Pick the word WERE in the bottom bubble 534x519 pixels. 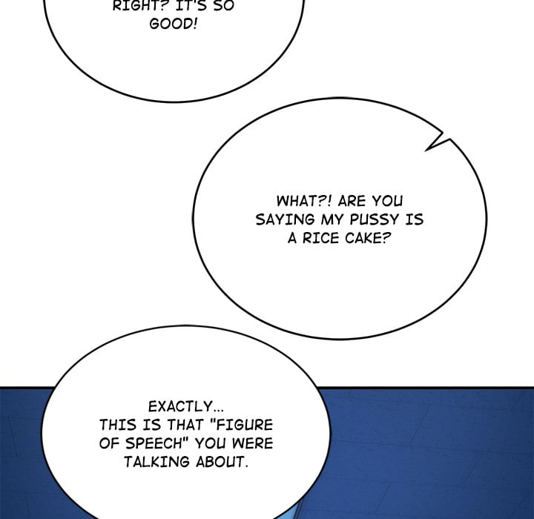pyautogui.click(x=253, y=444)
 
